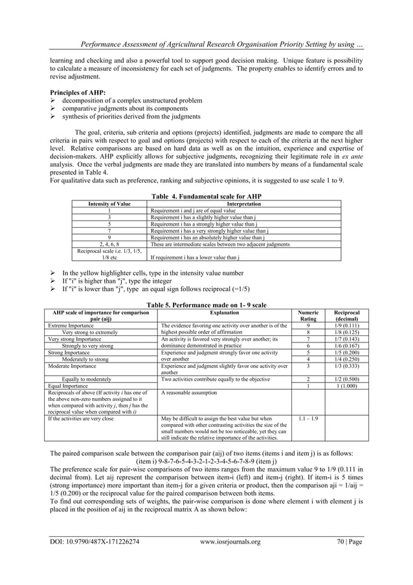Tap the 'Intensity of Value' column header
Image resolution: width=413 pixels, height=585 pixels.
[109, 204]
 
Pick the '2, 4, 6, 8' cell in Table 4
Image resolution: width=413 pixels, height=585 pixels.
[109, 244]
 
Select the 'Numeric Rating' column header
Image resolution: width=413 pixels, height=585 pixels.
[308, 315]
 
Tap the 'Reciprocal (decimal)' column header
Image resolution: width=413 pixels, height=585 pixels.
[345, 315]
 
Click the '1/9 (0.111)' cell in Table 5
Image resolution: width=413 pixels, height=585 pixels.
[345, 326]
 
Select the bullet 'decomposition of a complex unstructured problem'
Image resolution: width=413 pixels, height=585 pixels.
[132, 101]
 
